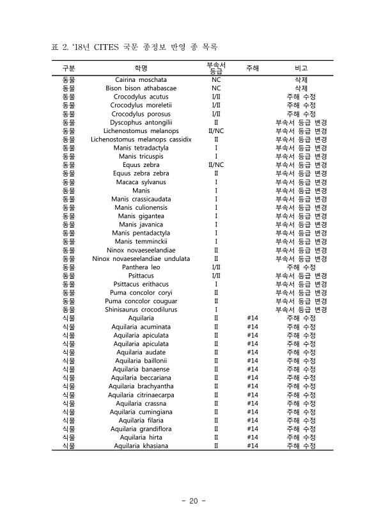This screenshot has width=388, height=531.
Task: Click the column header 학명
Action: coord(141,68)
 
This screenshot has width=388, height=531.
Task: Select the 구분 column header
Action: coord(68,68)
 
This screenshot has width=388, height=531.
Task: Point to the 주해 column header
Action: coord(252,67)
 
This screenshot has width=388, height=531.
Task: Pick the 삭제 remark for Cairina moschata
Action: coord(301,80)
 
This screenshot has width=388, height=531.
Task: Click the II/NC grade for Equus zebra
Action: coord(216,164)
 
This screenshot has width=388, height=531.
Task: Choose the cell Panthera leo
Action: coord(141,267)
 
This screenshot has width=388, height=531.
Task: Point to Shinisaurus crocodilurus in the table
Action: coord(141,310)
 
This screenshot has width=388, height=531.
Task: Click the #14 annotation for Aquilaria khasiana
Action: coord(252,446)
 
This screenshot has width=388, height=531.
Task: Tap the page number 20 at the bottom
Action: coord(194,501)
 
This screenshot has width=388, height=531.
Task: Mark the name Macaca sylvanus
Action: coord(141,182)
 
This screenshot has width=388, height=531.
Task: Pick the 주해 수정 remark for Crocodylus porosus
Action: coord(301,114)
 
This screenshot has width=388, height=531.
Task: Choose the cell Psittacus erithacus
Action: coord(141,284)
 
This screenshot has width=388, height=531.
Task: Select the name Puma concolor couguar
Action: coord(141,301)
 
